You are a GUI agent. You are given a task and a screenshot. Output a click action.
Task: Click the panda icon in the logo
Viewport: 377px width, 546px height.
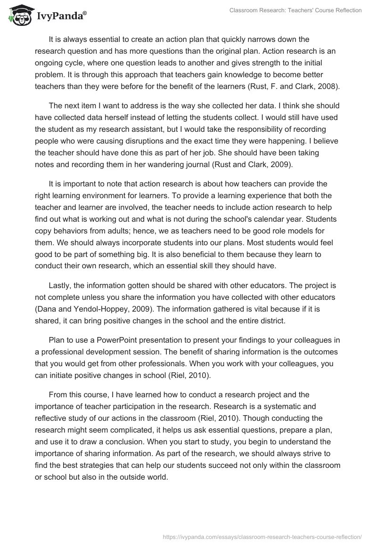[19, 16]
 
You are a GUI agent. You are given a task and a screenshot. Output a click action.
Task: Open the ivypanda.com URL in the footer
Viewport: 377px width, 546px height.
[262, 536]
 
